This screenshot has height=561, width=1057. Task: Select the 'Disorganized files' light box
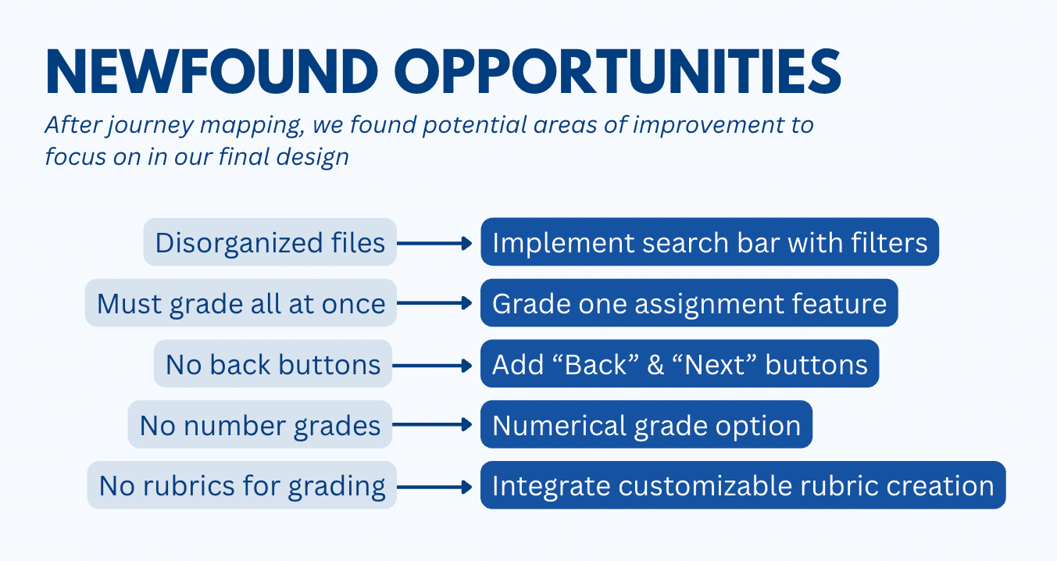coord(270,242)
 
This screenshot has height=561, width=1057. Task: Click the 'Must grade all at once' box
coord(241,303)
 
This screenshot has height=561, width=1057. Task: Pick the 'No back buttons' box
coord(273,364)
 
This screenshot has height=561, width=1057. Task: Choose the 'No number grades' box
coord(260,425)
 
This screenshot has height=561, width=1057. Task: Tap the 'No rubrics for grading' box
coord(241,486)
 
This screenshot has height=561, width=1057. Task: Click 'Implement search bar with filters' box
coord(709,242)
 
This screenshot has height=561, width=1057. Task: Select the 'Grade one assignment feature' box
coord(689,303)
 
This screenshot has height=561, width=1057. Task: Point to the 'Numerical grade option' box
coord(646,425)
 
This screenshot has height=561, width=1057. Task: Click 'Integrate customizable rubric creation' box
coord(742,486)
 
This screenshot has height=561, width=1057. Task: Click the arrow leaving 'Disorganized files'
coord(434,243)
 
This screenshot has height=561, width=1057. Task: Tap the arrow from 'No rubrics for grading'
coord(434,486)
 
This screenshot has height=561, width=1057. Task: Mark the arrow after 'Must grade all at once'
coord(434,303)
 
